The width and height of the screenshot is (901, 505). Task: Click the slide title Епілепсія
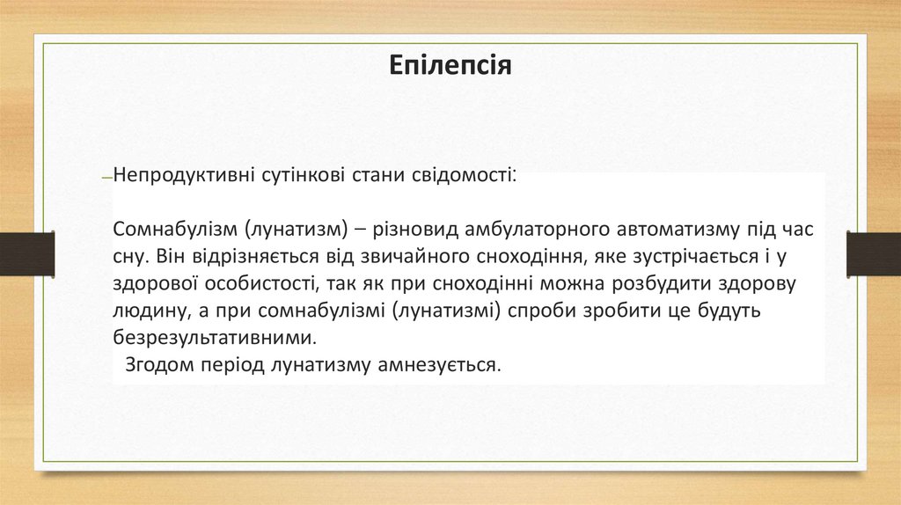(x=450, y=67)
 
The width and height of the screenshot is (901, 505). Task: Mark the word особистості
(x=253, y=284)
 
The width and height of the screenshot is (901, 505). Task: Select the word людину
(x=144, y=311)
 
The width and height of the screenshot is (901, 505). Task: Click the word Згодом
(x=157, y=364)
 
